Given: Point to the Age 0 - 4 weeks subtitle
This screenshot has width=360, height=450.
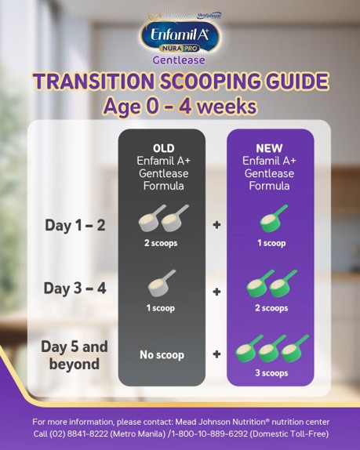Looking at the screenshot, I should [180, 106].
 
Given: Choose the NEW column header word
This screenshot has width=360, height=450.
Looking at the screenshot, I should [269, 149].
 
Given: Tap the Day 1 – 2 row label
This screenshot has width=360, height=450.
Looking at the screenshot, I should [75, 225].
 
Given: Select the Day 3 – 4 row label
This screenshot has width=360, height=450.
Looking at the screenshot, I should [75, 289].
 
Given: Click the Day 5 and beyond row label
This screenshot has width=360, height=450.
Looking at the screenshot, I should [75, 355].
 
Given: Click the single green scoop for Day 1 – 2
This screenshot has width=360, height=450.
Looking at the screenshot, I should [272, 219].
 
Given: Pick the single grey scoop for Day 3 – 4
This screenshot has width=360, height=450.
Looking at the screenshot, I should [162, 284].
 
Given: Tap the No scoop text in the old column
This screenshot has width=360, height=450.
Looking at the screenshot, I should [161, 355].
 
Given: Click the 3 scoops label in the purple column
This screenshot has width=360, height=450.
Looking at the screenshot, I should [270, 373].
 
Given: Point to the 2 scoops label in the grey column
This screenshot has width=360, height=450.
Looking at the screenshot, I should [162, 243].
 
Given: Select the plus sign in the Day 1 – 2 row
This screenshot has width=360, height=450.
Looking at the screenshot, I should [216, 226].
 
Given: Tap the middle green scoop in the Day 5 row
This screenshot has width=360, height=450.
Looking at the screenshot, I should [271, 350].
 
